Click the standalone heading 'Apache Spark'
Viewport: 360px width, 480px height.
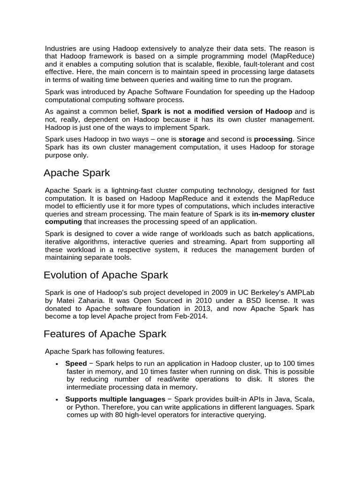pyautogui.click(x=76, y=173)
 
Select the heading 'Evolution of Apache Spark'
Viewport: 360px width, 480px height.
pyautogui.click(x=105, y=275)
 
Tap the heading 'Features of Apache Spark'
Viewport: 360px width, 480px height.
pyautogui.click(x=105, y=334)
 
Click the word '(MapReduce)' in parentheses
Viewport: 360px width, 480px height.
pyautogui.click(x=296, y=56)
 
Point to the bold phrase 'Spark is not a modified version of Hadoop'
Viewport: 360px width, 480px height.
pyautogui.click(x=217, y=112)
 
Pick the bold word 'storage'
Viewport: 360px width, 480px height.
pyautogui.click(x=191, y=139)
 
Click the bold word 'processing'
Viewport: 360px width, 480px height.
pyautogui.click(x=273, y=139)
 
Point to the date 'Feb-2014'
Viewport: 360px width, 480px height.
pyautogui.click(x=191, y=316)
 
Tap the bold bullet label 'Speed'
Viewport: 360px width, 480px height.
pyautogui.click(x=76, y=364)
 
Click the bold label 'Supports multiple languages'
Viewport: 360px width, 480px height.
pyautogui.click(x=115, y=399)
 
